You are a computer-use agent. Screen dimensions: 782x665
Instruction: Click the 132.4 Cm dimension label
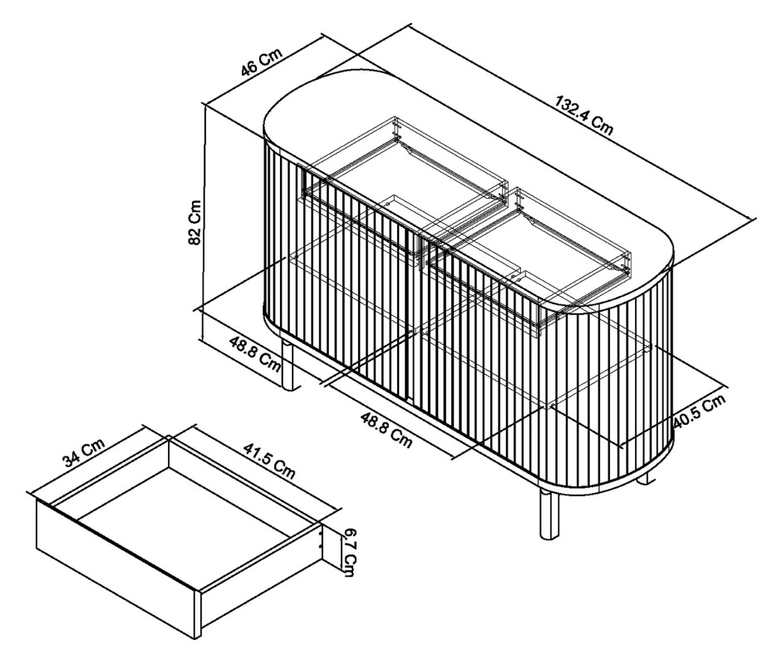(x=583, y=116)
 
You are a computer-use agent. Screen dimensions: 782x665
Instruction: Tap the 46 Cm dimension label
(x=261, y=62)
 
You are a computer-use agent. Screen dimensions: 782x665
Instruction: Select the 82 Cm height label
(x=194, y=223)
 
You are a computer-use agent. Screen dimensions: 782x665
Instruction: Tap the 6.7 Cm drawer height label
(x=348, y=554)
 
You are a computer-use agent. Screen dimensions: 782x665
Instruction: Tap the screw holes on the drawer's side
(x=321, y=539)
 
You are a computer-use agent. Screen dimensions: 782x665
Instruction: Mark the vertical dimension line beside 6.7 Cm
(x=342, y=549)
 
